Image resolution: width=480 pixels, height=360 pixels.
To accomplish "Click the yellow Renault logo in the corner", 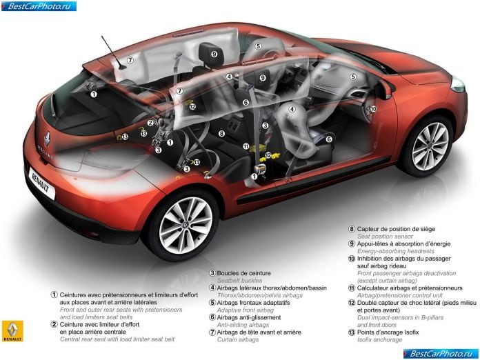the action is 12,331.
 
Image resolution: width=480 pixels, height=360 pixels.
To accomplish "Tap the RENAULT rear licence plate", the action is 42,183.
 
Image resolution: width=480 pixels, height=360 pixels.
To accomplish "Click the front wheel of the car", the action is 430,146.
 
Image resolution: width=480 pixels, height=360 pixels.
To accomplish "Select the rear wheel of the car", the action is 186,225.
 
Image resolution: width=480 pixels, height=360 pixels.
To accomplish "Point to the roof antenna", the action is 113,52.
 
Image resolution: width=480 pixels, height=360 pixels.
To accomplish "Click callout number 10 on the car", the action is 373,109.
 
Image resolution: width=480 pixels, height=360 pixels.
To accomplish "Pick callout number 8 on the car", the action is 221,134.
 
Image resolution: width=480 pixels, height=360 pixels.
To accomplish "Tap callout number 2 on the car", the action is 150,123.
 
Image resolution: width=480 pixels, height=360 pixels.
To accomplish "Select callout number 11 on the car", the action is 246,146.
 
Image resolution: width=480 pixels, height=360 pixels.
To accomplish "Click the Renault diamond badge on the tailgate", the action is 48,139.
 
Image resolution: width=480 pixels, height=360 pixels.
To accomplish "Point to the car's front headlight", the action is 458,84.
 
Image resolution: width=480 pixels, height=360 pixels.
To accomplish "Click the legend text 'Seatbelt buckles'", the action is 240,281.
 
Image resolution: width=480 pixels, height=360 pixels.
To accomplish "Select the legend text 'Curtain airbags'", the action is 238,339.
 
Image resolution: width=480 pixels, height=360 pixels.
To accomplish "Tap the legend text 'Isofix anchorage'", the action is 379,339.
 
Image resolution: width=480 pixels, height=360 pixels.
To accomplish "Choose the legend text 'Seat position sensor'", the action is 385,237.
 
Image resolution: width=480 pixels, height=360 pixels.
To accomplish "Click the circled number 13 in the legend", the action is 352,332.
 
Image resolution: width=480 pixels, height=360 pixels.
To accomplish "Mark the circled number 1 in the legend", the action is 54,294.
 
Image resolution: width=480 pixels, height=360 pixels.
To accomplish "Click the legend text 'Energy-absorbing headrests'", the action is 396,251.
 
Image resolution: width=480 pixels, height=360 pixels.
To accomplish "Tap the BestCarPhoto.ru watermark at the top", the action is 39,6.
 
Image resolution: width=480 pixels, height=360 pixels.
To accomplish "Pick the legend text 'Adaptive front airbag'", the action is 246,310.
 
